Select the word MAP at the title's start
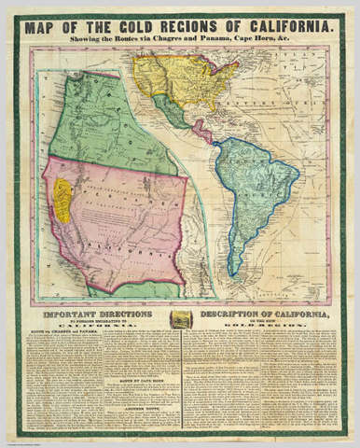coord(45,27)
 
